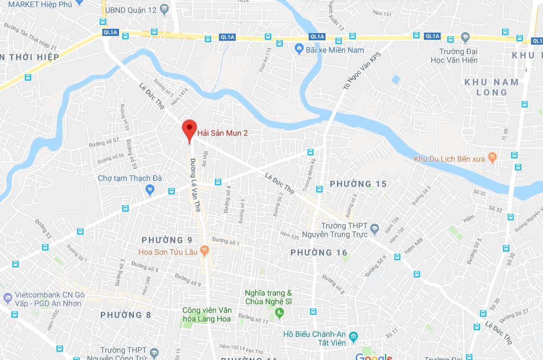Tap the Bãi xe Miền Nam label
pyautogui.click(x=335, y=50)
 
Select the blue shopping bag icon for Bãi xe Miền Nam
pyautogui.click(x=299, y=48)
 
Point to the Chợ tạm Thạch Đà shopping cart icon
pyautogui.click(x=150, y=190)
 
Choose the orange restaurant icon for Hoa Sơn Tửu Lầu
pyautogui.click(x=205, y=250)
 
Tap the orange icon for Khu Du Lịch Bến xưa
pyautogui.click(x=492, y=157)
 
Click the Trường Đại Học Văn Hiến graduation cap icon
pyautogui.click(x=465, y=37)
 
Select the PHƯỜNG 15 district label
pyautogui.click(x=358, y=184)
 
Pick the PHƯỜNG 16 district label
pyautogui.click(x=319, y=252)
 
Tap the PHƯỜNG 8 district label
pyautogui.click(x=122, y=315)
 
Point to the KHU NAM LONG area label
pyautogui.click(x=491, y=87)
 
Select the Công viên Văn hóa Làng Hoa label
pyautogui.click(x=206, y=314)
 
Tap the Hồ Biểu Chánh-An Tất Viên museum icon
pyautogui.click(x=354, y=336)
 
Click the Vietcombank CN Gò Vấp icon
pyautogui.click(x=8, y=298)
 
